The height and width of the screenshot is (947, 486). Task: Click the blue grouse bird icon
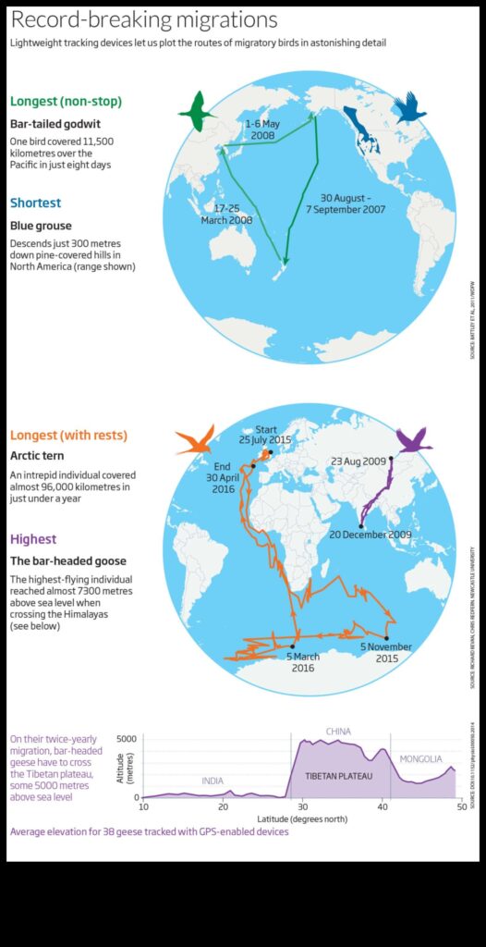(409, 108)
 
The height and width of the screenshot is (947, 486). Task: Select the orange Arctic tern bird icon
(196, 440)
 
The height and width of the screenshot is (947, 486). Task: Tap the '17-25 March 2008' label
(226, 215)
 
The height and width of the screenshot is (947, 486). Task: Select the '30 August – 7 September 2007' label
(346, 203)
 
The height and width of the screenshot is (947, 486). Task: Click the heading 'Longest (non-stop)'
(66, 101)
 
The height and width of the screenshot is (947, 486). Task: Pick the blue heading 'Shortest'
(36, 203)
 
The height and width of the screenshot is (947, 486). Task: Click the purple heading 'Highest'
(33, 539)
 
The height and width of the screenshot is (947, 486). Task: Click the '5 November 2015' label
(387, 653)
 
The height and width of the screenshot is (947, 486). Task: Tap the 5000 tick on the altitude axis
(128, 739)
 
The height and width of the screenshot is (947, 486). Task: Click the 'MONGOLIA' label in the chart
(420, 759)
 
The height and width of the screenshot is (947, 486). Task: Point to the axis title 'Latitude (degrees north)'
(302, 818)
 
